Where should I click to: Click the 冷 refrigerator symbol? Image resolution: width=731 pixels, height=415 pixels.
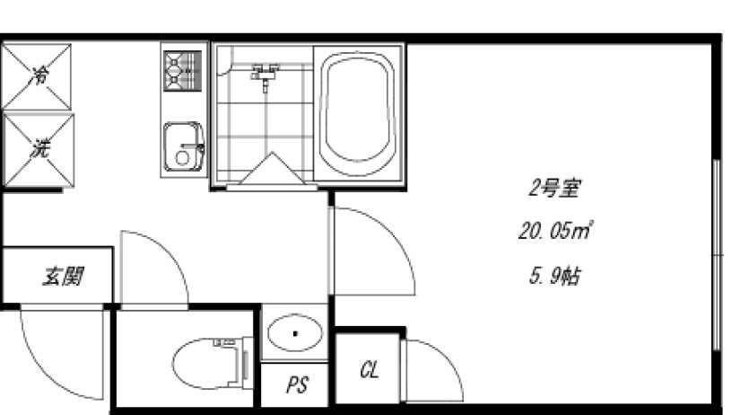[37, 76]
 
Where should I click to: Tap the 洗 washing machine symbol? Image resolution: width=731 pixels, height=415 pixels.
[39, 150]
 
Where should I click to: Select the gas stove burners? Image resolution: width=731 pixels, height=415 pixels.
[182, 71]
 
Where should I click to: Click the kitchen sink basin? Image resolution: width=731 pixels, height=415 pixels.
[183, 146]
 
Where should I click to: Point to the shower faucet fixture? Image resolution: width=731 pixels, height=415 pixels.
[265, 75]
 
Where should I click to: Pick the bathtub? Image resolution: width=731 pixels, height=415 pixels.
[358, 113]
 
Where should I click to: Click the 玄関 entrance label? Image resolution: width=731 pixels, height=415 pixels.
[63, 277]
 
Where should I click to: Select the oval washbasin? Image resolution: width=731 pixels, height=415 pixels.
[295, 333]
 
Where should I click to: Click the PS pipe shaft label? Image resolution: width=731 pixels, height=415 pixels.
[297, 385]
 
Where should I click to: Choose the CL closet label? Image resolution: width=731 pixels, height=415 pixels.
[370, 370]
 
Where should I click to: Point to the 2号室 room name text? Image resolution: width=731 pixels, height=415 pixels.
[555, 188]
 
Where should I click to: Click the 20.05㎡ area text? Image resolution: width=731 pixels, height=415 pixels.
[555, 231]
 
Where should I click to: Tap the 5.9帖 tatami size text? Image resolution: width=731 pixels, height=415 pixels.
[555, 276]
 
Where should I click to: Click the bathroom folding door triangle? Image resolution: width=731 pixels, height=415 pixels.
[272, 169]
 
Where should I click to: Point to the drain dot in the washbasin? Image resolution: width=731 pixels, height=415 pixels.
[295, 333]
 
